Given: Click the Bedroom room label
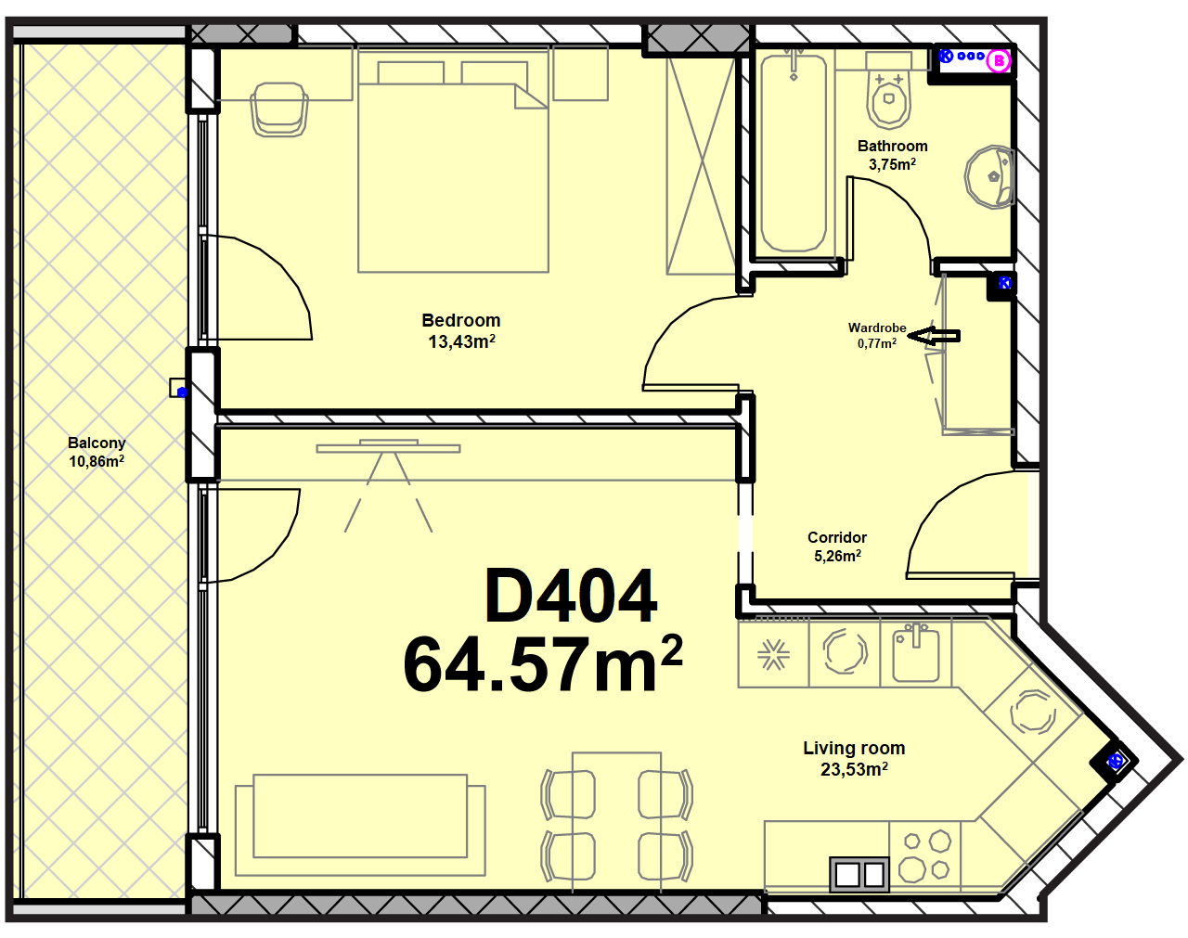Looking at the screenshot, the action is pos(461,320).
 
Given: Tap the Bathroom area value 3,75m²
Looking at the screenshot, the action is pos(892,164).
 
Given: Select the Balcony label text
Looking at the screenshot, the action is pos(97,443).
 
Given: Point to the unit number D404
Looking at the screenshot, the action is pos(571,596).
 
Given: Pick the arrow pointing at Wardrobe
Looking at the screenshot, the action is pos(934,336).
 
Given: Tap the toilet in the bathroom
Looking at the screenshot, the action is pos(888,100).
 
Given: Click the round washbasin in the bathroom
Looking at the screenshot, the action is pos(990,177).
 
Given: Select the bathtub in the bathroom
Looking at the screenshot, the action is pos(794,152).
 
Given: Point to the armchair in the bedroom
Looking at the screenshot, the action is pos(278,109).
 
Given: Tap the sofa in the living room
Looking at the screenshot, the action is pos(360,825).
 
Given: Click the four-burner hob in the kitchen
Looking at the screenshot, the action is pos(924,856).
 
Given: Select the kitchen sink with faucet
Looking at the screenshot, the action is pos(916,653).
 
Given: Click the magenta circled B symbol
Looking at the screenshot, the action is pos(998,60).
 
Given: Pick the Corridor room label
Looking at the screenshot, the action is pos(837,537).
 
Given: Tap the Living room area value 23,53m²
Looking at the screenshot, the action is pos(854,768).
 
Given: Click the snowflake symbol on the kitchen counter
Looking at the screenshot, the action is pos(773,656).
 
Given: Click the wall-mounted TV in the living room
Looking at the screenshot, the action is pos(389,447).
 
